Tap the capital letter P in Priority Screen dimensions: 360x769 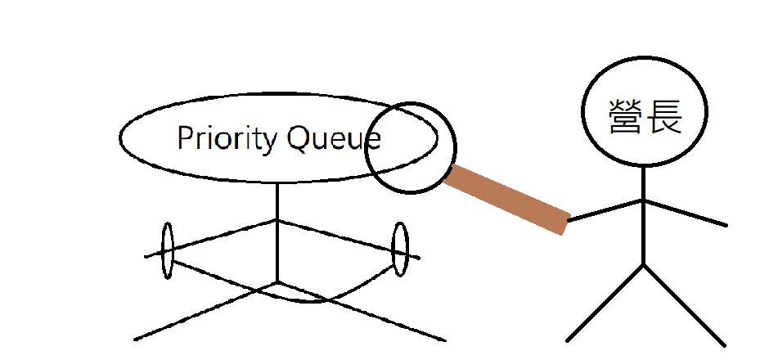click(x=185, y=138)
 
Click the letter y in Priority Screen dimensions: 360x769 click(x=270, y=142)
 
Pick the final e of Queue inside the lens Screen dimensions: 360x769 click(x=373, y=141)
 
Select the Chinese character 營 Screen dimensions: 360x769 click(x=625, y=116)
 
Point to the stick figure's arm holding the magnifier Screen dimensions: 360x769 click(x=605, y=209)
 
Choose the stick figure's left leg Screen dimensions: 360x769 click(x=605, y=303)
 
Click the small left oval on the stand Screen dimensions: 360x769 click(x=168, y=250)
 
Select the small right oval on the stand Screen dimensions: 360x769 click(x=400, y=249)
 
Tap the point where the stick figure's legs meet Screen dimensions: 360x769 click(x=644, y=264)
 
